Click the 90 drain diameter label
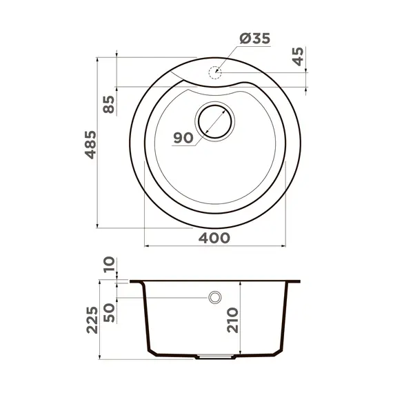pyautogui.click(x=183, y=138)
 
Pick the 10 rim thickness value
pyautogui.click(x=109, y=264)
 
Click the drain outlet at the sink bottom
pyautogui.click(x=215, y=357)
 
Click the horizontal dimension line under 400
pyautogui.click(x=215, y=245)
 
